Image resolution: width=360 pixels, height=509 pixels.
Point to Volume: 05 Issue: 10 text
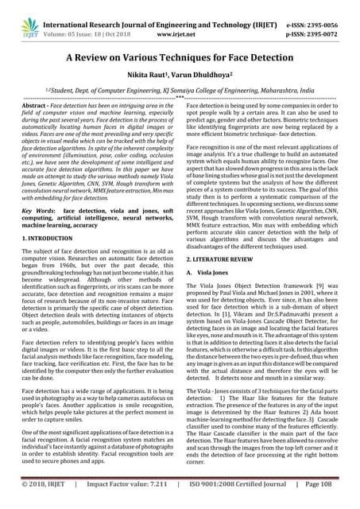(87, 23)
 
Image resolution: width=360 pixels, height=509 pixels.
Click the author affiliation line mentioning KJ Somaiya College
(180, 93)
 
